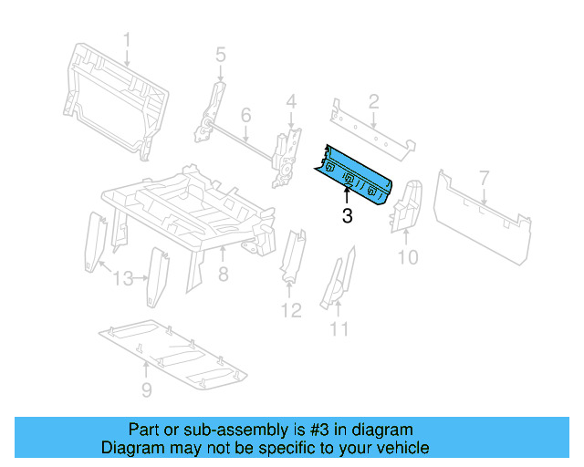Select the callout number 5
(220, 56)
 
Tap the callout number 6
(245, 116)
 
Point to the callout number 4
(290, 100)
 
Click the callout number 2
(373, 100)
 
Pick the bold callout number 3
(347, 216)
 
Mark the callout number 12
(290, 311)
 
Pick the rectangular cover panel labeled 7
(479, 214)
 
